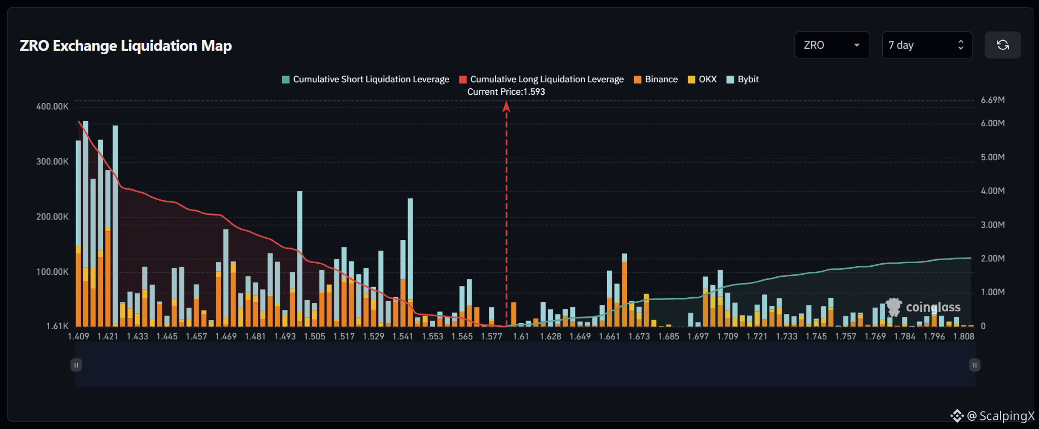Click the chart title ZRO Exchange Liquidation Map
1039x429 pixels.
point(126,46)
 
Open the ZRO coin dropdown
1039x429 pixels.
point(832,45)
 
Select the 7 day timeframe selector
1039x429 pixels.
point(927,45)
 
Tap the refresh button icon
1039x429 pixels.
point(1002,45)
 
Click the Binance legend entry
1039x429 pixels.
point(656,79)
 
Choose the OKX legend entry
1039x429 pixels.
point(702,79)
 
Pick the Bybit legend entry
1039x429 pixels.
point(743,79)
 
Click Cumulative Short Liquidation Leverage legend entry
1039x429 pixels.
point(365,79)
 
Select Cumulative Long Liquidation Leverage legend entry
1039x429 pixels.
point(542,79)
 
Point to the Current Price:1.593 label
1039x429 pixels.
point(506,92)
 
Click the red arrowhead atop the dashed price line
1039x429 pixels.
point(506,106)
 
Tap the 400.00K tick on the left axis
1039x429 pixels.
point(52,106)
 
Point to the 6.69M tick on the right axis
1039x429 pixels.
point(993,100)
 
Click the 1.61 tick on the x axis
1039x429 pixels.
point(521,336)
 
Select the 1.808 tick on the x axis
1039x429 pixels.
point(963,336)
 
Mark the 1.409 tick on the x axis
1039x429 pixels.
point(78,336)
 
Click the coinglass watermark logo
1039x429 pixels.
point(923,307)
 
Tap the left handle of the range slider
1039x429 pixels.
point(76,365)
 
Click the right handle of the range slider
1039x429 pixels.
point(975,365)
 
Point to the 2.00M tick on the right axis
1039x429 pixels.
point(993,259)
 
